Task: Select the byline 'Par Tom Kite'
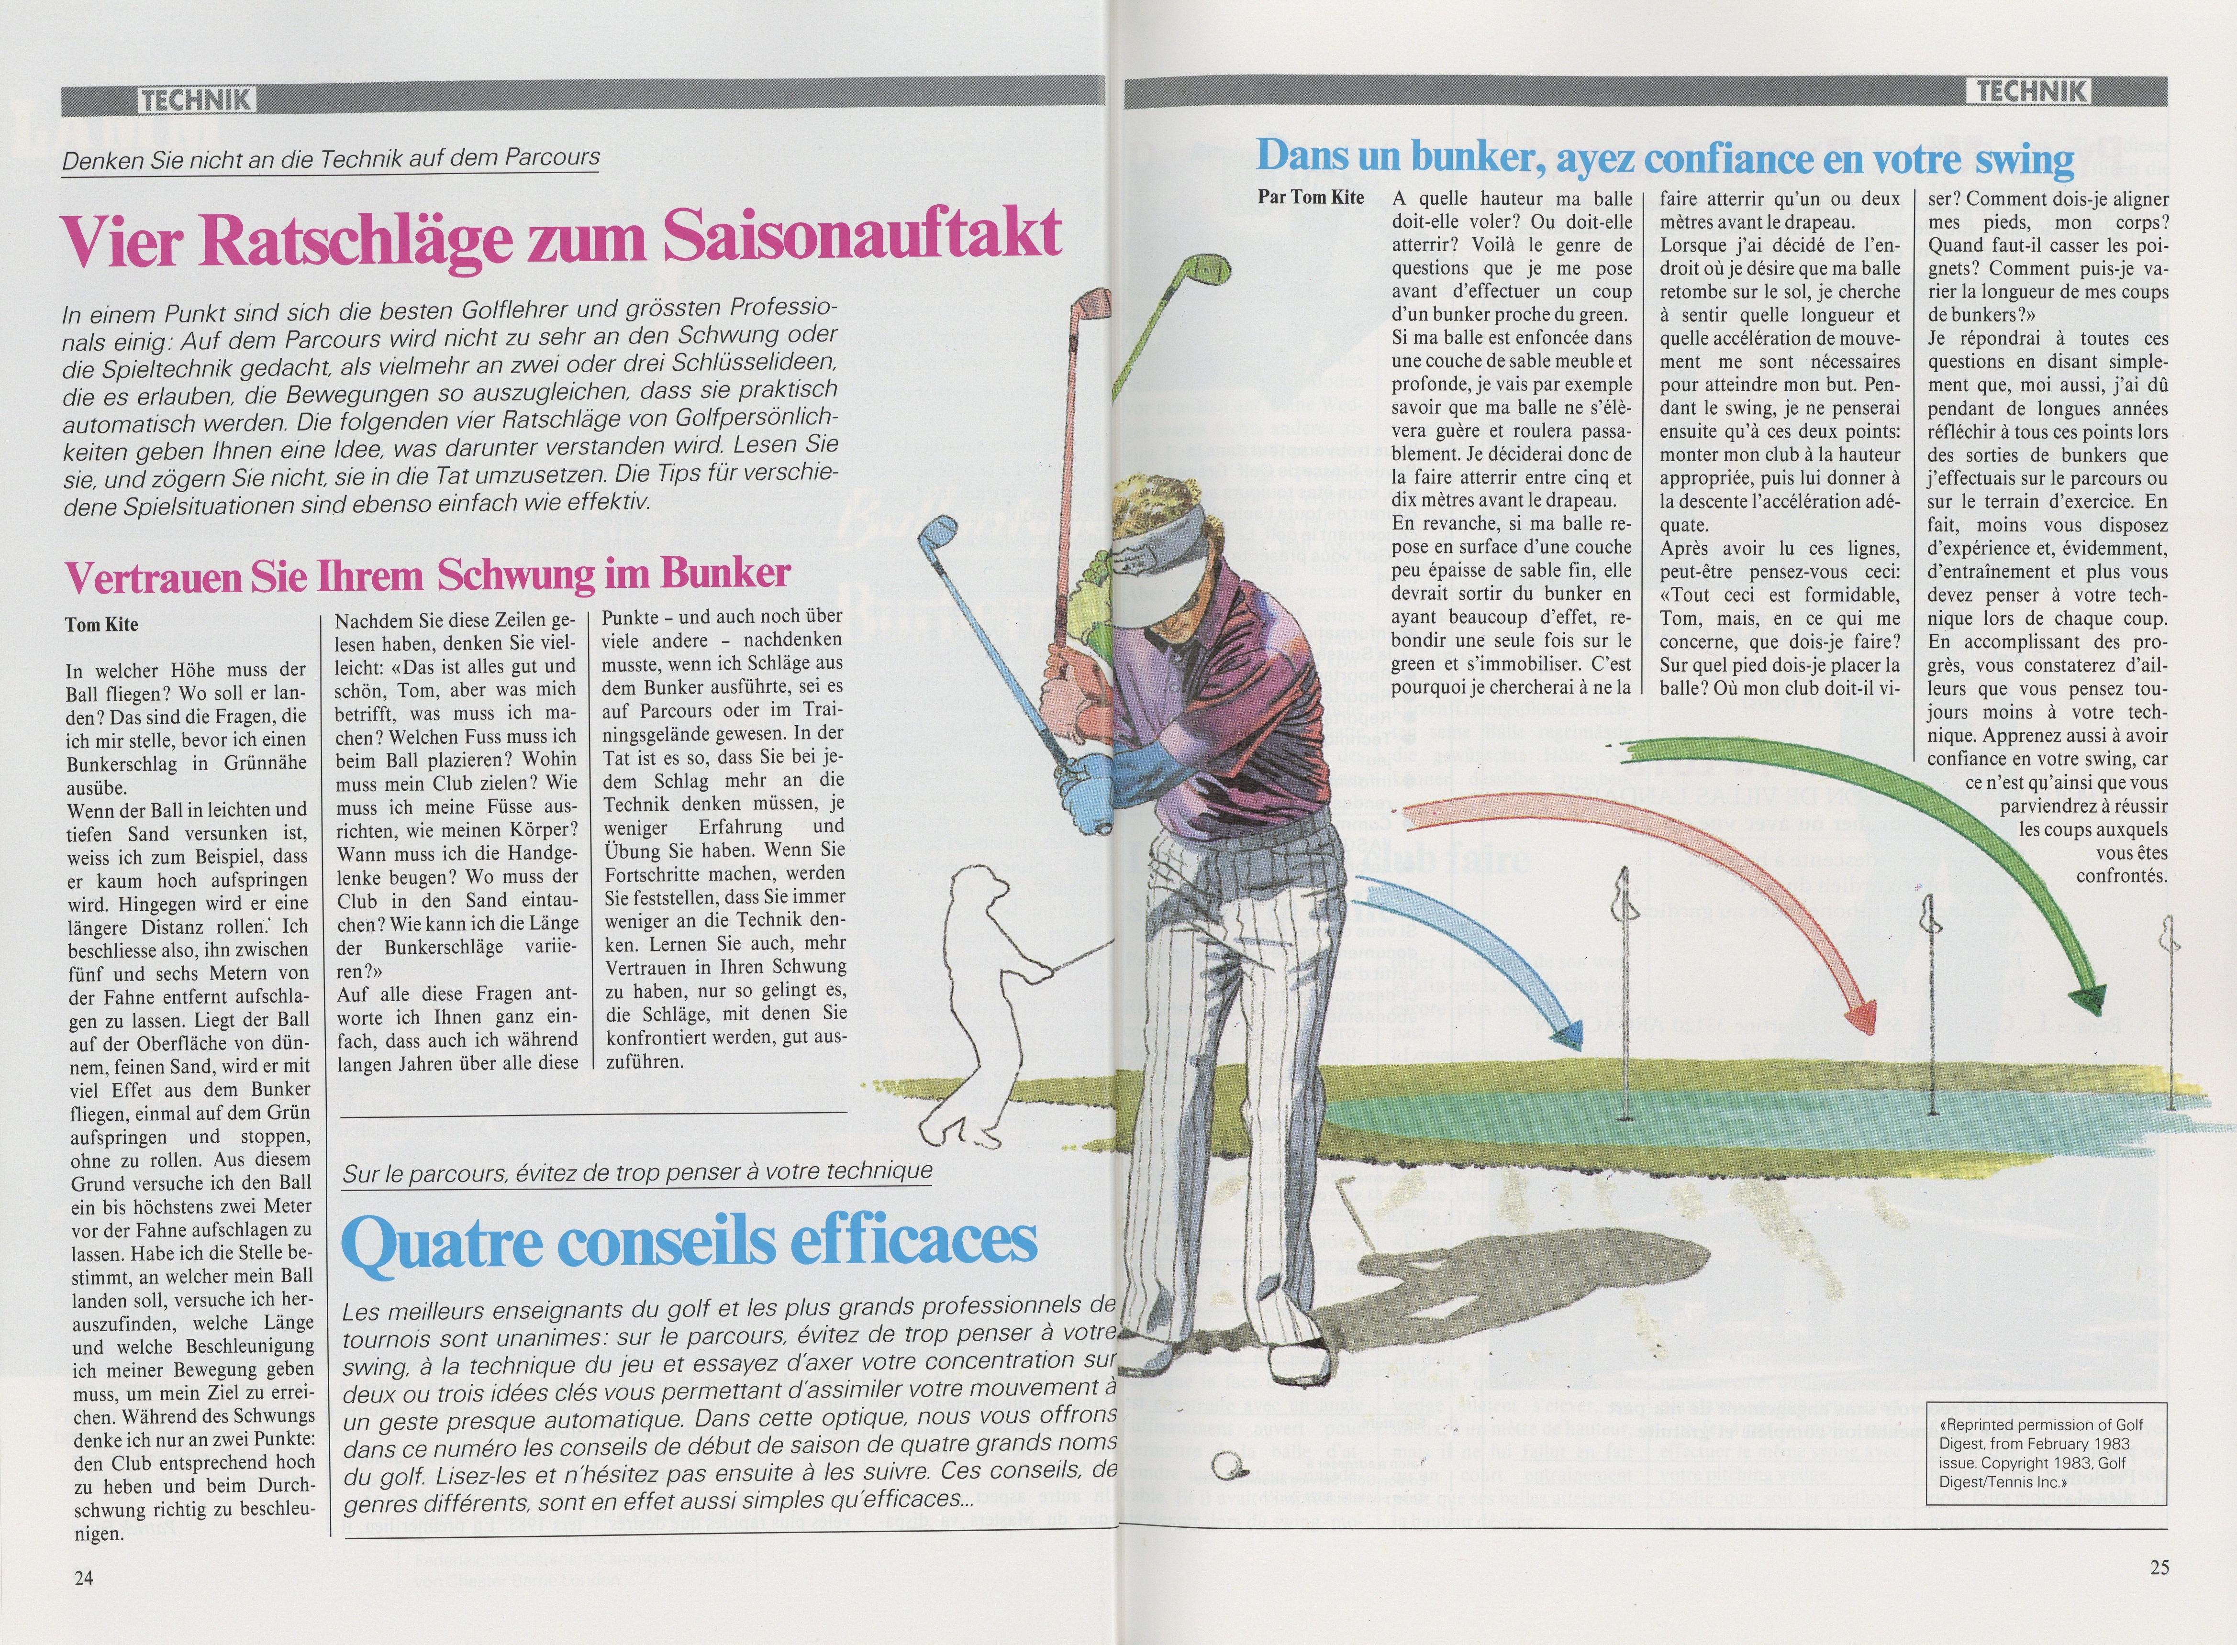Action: coord(1310,196)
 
